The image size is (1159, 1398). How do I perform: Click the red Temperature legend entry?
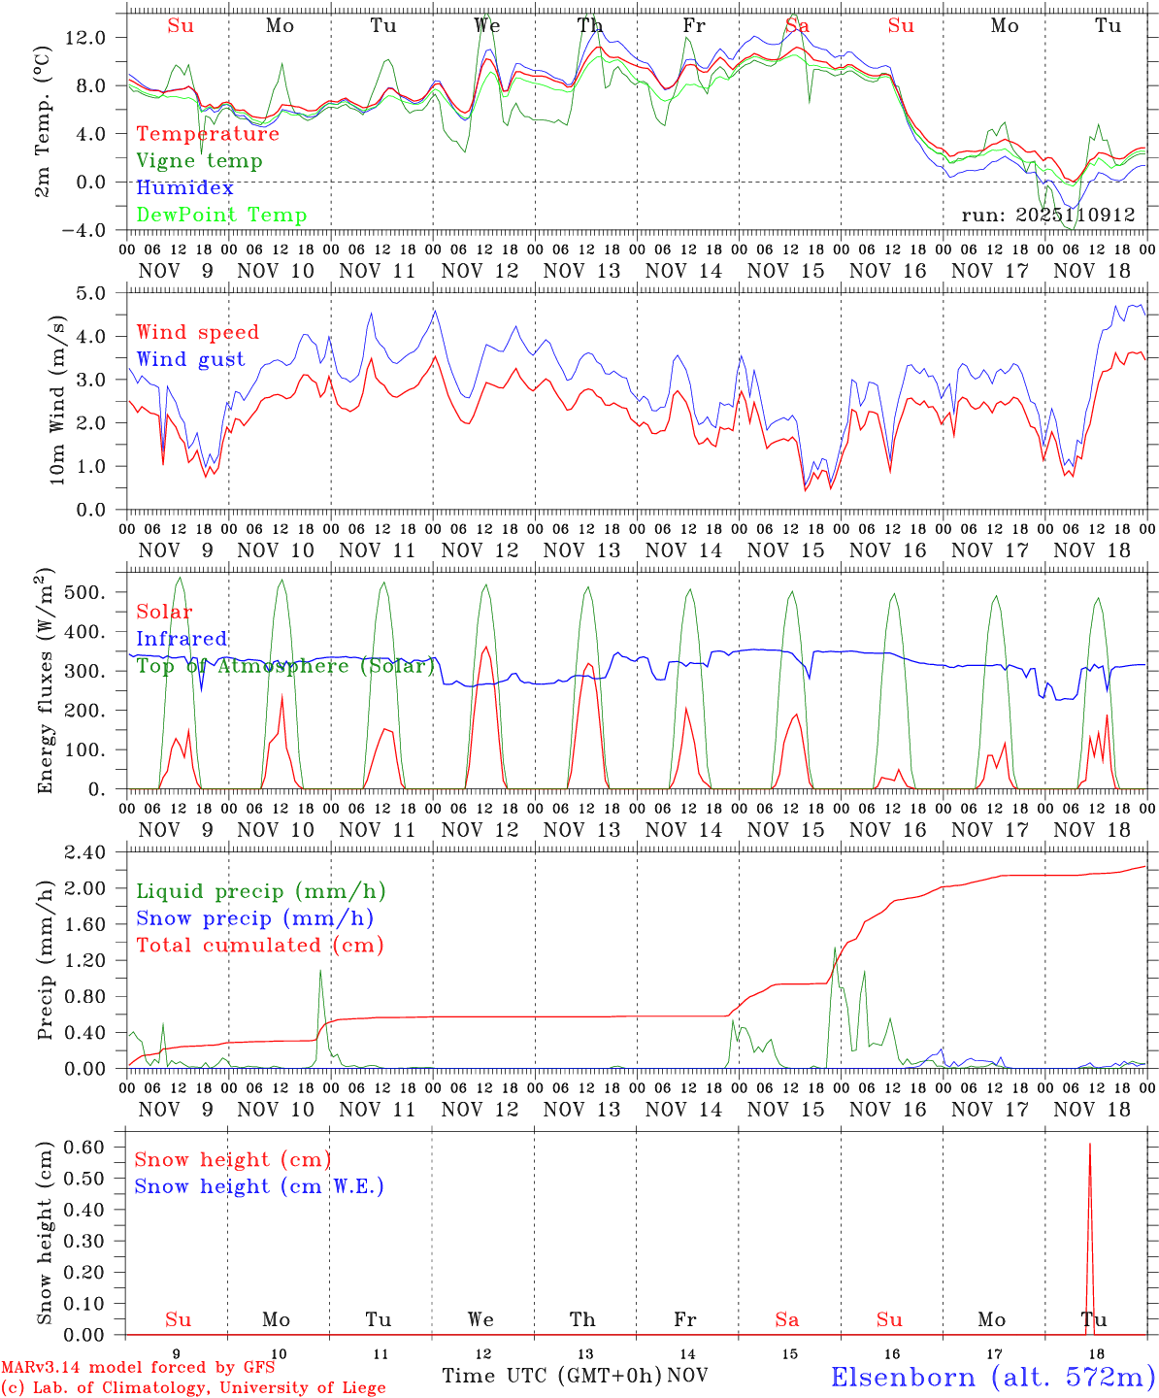tap(208, 134)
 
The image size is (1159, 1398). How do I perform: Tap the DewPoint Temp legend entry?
tap(221, 216)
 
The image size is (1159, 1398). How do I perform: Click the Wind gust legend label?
tap(190, 359)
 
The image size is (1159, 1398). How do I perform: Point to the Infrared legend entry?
tap(182, 639)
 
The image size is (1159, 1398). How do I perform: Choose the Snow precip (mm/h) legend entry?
tap(254, 918)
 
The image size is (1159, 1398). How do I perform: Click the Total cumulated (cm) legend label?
tap(259, 946)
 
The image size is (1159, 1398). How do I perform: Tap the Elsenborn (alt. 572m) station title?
tap(992, 1377)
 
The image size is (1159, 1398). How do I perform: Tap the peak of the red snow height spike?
tap(1089, 1146)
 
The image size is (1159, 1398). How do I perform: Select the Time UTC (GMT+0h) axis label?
tap(552, 1376)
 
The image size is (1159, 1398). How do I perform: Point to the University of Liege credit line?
tap(193, 1388)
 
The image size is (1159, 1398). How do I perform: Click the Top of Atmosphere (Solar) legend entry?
tap(285, 666)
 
